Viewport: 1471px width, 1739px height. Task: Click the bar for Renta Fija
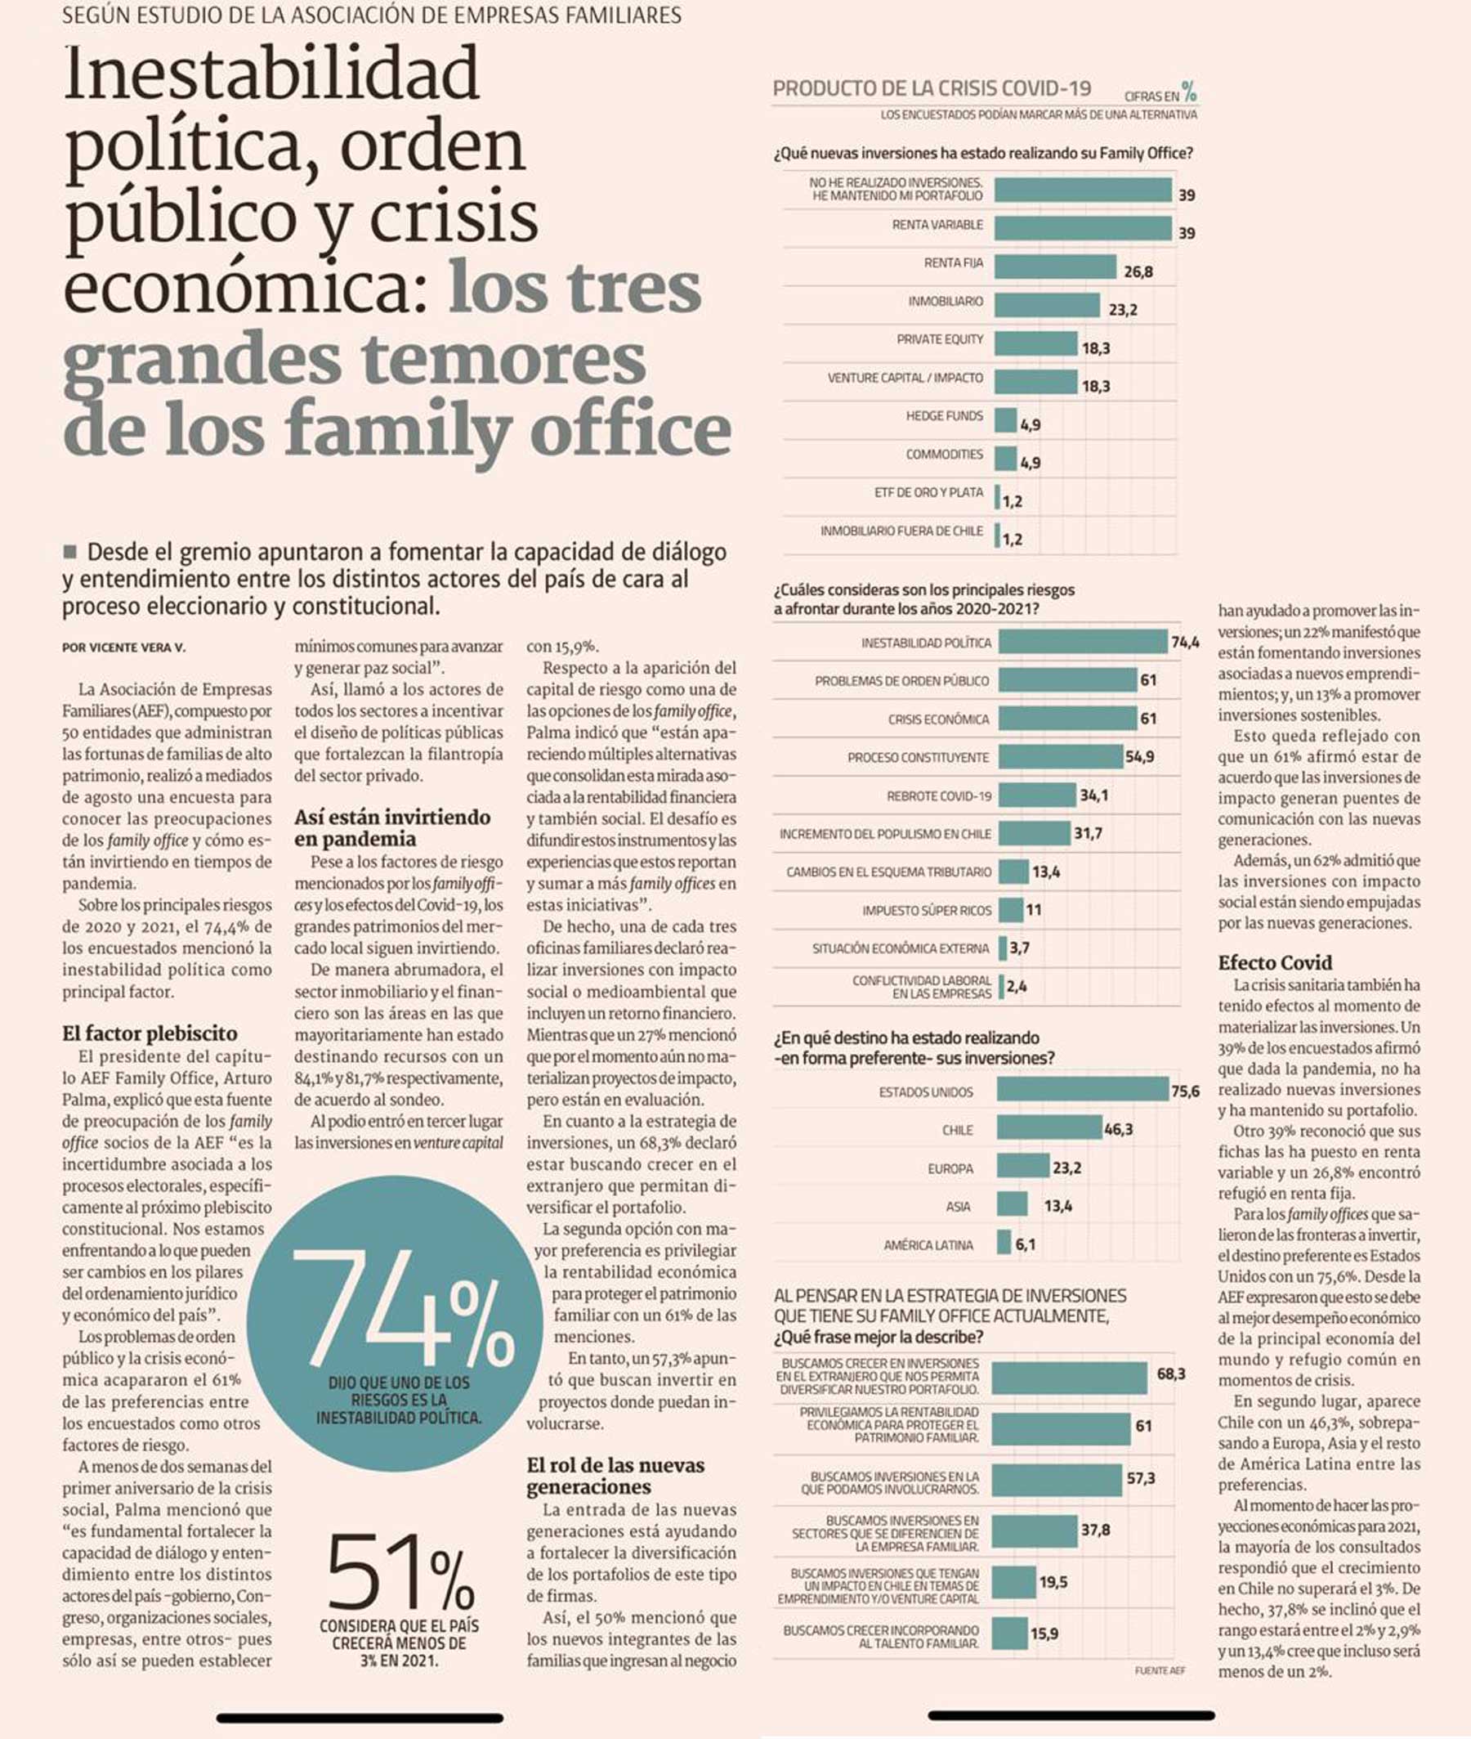tap(1055, 267)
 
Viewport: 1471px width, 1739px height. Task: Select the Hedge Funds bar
tap(1006, 419)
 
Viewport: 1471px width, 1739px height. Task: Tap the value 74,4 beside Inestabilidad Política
tap(1184, 643)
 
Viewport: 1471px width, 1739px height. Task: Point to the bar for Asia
tap(1012, 1203)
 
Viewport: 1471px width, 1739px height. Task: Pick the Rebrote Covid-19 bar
tap(1036, 795)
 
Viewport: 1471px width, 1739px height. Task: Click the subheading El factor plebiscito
tap(150, 1033)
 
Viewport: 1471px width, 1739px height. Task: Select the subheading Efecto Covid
tap(1275, 961)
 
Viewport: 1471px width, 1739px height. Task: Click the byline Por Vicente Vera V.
tap(123, 648)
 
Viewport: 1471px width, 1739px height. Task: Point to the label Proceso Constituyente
tap(917, 757)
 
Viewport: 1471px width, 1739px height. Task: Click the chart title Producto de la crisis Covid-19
tap(932, 89)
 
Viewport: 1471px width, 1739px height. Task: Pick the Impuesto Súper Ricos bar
tap(1011, 910)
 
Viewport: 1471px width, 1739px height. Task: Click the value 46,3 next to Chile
tap(1118, 1129)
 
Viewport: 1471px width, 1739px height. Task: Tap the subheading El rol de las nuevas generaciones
tap(615, 1476)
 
